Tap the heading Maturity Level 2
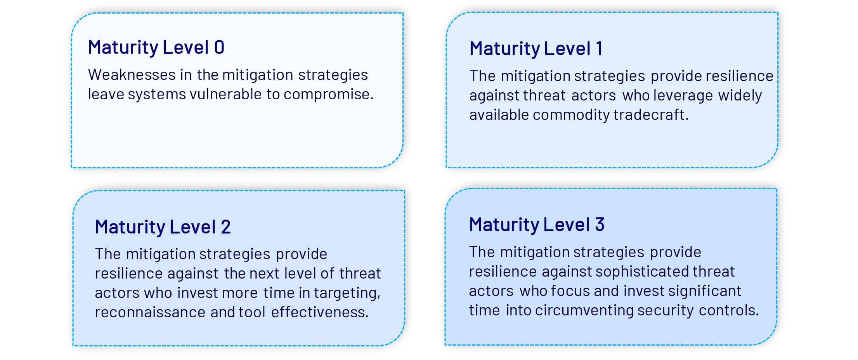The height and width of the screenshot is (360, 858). (x=163, y=227)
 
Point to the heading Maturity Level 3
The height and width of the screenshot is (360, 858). (x=537, y=225)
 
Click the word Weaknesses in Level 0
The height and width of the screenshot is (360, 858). (x=132, y=74)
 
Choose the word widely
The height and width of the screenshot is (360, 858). (x=740, y=96)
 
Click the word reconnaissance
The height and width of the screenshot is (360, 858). (x=150, y=312)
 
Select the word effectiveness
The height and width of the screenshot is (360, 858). (x=320, y=312)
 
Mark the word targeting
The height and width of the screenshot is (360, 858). (x=347, y=293)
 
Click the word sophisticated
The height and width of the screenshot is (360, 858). (x=642, y=272)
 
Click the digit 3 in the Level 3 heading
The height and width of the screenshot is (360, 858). (x=600, y=225)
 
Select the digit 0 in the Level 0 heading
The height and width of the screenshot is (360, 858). (x=219, y=48)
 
